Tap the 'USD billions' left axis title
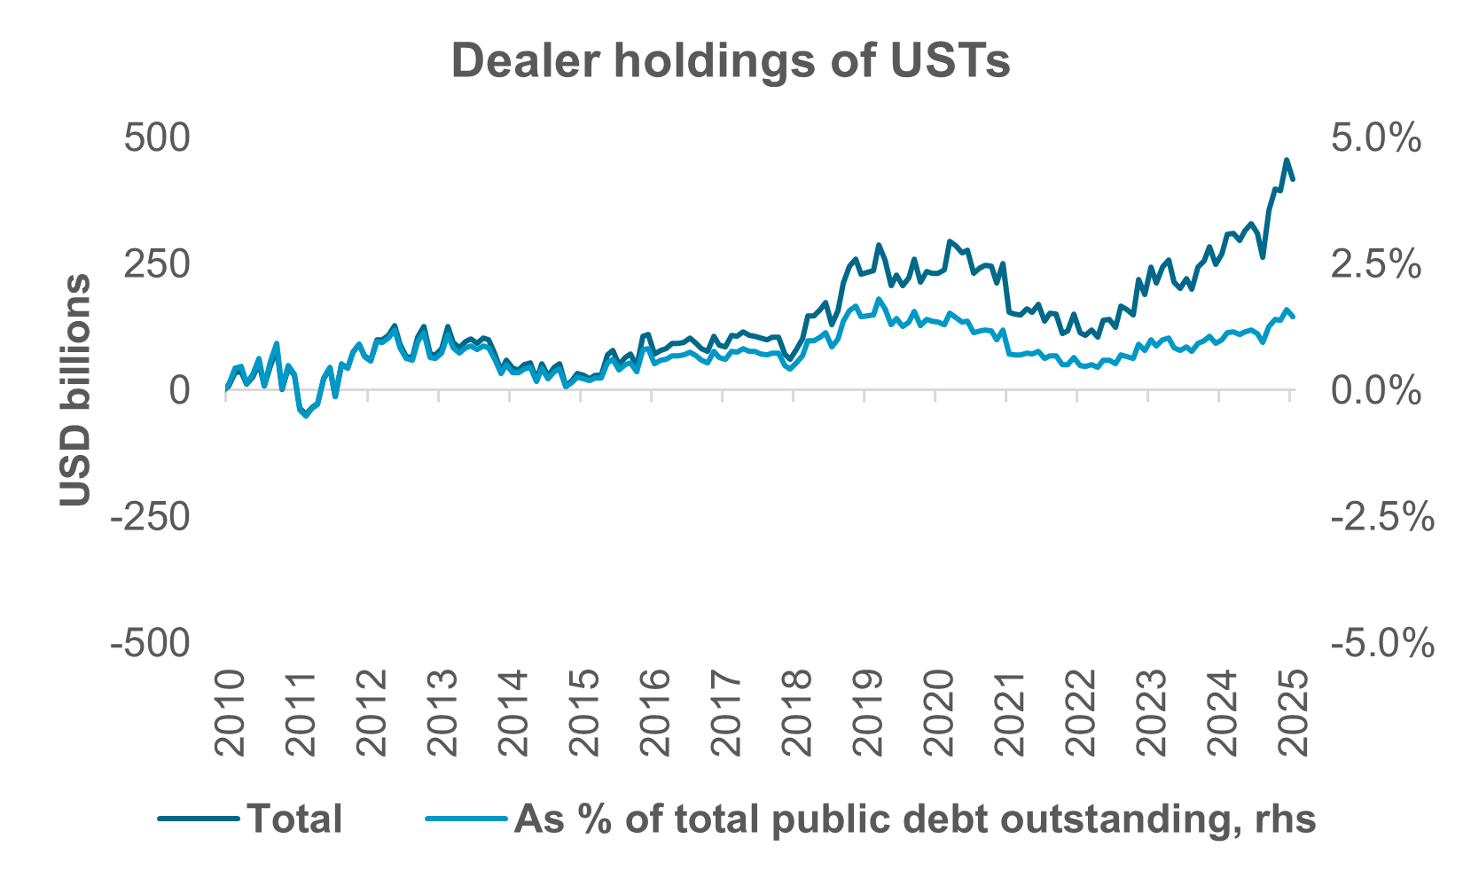tap(76, 390)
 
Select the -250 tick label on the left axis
tap(150, 517)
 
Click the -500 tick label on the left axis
tap(150, 643)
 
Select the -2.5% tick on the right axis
tap(1381, 517)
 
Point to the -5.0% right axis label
tap(1381, 643)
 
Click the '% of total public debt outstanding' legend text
tap(914, 818)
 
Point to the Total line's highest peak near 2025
tap(1287, 161)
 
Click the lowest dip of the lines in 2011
tap(307, 416)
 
